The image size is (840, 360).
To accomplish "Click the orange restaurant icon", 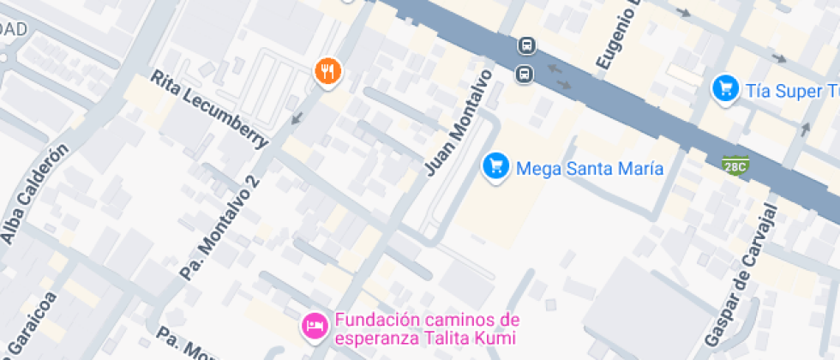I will tap(327, 72).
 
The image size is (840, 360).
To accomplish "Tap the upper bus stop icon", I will tap(525, 45).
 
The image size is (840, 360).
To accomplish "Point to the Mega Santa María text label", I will tap(590, 168).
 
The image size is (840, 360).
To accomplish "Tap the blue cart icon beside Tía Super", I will tap(726, 88).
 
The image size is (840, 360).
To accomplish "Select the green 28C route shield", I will tap(734, 165).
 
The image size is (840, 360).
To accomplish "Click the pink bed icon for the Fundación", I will tap(314, 326).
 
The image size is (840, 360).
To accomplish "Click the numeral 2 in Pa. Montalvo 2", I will tap(252, 182).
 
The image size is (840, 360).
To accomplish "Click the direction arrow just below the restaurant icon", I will tap(297, 117).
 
